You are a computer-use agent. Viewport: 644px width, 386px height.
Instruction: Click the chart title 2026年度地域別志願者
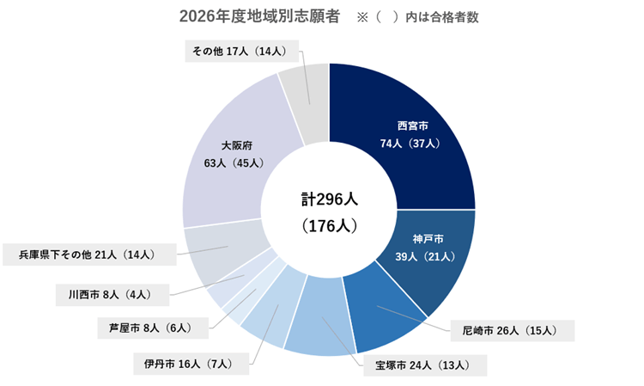[x=259, y=16]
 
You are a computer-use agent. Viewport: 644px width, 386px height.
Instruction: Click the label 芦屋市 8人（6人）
[x=155, y=328]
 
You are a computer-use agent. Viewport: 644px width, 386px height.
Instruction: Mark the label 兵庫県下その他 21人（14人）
[x=90, y=254]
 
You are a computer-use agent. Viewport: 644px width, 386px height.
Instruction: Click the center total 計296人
[x=329, y=199]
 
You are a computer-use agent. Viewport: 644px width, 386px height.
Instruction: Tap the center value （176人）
[x=329, y=227]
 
